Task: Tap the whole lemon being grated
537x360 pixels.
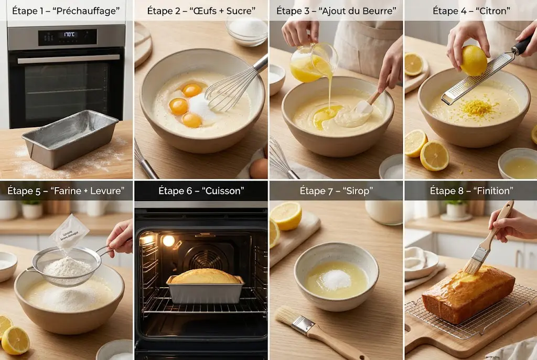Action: pos(473,60)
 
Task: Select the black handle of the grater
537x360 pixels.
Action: pos(523,45)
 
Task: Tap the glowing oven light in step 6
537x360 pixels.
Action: pos(168,241)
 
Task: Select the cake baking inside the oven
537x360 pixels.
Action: pos(205,277)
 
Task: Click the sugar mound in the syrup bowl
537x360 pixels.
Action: pos(336,280)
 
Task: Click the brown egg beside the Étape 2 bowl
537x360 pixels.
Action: pos(259,168)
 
